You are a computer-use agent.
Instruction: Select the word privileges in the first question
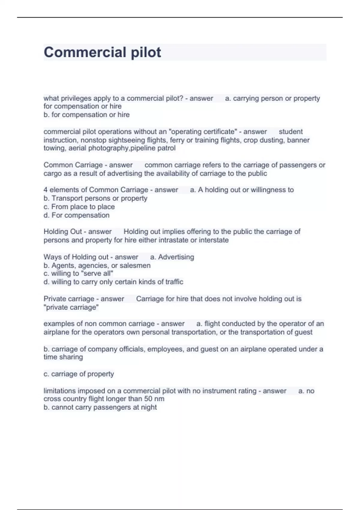76,98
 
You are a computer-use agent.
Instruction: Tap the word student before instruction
290,132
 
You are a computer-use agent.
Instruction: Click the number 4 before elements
46,190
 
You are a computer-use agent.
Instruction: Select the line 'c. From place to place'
79,207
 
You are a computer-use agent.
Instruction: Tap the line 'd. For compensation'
76,215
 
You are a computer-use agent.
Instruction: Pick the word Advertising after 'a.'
176,257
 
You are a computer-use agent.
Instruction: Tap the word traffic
174,282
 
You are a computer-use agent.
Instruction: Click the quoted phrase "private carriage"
71,307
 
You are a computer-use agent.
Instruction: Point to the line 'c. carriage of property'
79,374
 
